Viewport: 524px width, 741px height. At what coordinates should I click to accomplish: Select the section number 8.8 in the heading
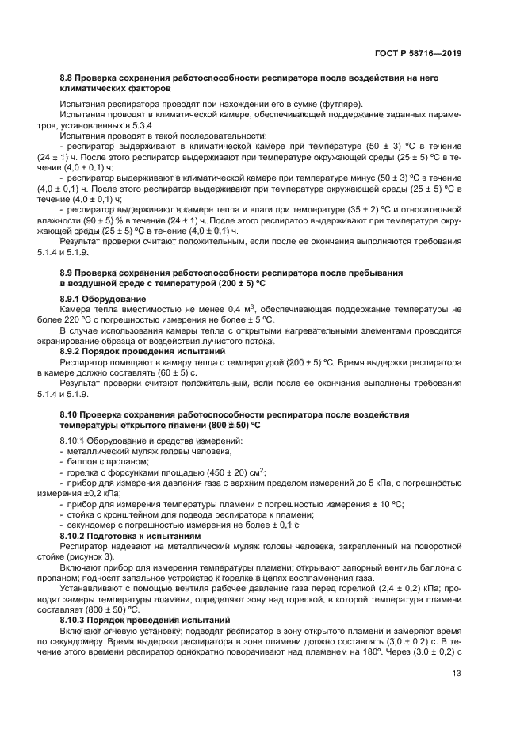pos(67,79)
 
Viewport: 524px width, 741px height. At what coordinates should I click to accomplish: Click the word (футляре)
pos(340,104)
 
